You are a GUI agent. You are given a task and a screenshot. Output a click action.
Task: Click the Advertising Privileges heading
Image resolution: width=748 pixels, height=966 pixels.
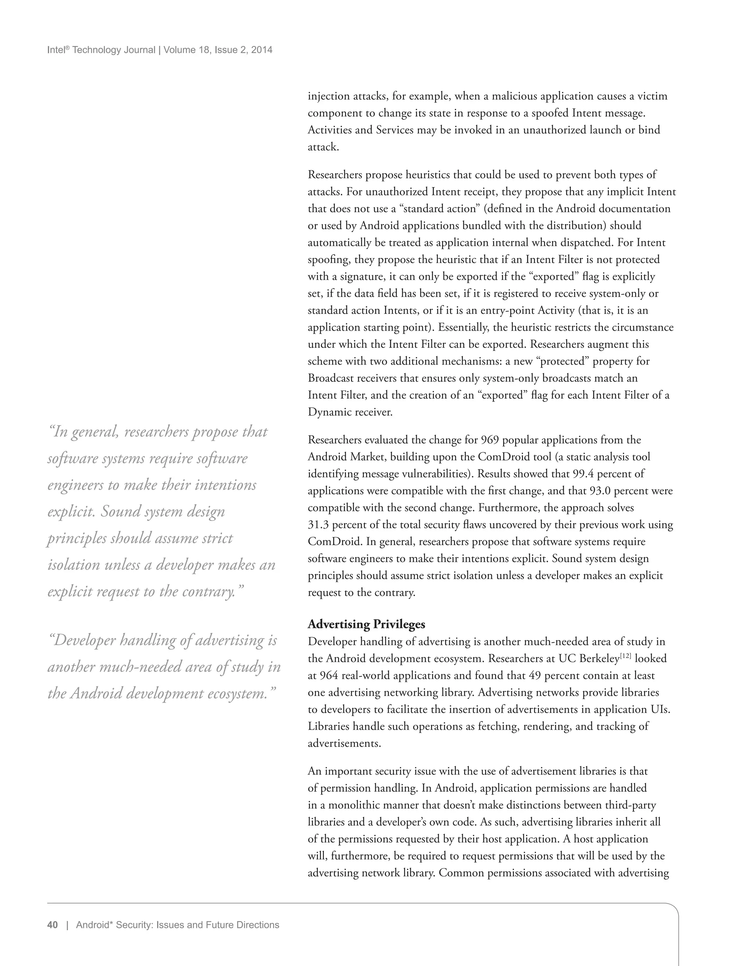[x=366, y=624]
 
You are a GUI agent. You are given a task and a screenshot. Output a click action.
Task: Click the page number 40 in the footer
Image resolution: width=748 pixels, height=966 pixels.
[x=53, y=925]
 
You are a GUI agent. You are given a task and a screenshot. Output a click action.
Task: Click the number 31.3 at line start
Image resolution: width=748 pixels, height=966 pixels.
[x=318, y=525]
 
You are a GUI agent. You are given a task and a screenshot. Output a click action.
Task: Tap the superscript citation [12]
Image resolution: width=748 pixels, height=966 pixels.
[x=626, y=656]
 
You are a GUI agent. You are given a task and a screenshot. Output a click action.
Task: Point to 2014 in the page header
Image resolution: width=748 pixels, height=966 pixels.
[x=262, y=50]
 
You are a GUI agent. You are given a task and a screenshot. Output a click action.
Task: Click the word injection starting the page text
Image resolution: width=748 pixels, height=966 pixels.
[x=328, y=96]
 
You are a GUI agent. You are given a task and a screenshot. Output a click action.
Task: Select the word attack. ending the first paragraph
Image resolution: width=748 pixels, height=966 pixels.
[x=323, y=147]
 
